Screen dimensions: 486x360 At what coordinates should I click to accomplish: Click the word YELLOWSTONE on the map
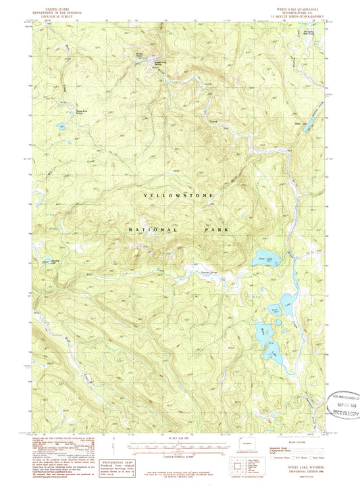coord(179,195)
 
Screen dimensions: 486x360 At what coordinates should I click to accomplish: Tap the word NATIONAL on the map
coord(153,230)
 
